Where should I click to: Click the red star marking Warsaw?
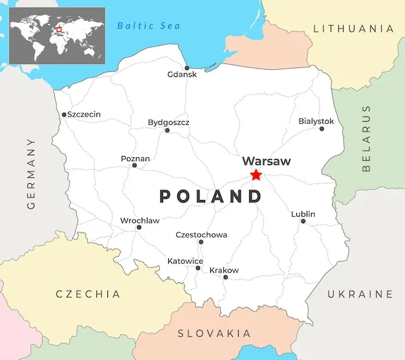point(256,175)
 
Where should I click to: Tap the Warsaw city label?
point(266,161)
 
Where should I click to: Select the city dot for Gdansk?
point(187,68)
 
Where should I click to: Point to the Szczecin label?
point(84,115)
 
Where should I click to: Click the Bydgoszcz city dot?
point(167,130)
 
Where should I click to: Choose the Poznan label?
point(135,159)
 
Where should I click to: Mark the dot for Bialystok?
point(322,129)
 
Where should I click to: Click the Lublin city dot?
point(303,221)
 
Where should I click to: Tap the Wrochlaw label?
point(140,221)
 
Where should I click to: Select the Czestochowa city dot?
point(201,242)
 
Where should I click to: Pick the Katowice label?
point(185,261)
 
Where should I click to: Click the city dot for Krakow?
point(226,277)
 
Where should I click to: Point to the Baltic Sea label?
point(149,26)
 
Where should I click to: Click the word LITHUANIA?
point(353,28)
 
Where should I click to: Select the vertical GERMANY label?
point(31,174)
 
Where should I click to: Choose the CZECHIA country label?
point(88,294)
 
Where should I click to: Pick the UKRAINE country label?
point(360,294)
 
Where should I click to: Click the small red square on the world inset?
point(59,28)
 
